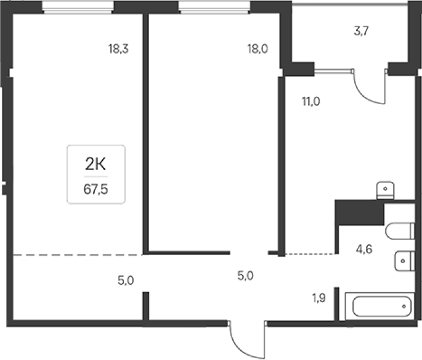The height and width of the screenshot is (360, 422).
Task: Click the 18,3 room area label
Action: click(x=118, y=49)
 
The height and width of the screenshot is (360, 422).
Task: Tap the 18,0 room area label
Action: click(x=258, y=49)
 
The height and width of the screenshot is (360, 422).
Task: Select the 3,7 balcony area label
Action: click(x=361, y=31)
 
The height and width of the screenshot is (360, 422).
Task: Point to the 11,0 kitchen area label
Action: click(x=311, y=102)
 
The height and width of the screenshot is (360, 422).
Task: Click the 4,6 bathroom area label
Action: click(x=364, y=249)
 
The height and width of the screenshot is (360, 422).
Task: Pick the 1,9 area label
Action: click(x=319, y=298)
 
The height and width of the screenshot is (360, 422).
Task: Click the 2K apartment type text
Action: click(x=95, y=164)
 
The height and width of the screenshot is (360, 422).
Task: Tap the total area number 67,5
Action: click(x=96, y=189)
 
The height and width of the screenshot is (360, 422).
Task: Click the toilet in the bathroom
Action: click(x=400, y=231)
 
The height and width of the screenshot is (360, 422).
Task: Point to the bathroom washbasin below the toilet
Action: click(x=405, y=261)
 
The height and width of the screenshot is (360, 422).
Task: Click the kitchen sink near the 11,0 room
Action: click(x=385, y=190)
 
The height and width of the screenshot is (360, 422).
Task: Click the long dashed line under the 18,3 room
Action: click(x=78, y=255)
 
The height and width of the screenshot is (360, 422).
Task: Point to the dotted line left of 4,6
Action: click(x=309, y=254)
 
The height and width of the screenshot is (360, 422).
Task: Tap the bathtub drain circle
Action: click(x=404, y=306)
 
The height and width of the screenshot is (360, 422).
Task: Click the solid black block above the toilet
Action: click(x=359, y=212)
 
